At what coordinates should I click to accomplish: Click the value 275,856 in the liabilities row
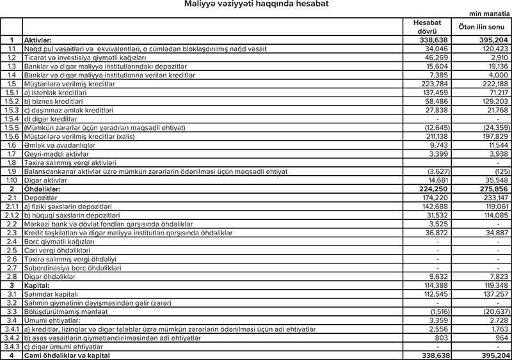(490, 190)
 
